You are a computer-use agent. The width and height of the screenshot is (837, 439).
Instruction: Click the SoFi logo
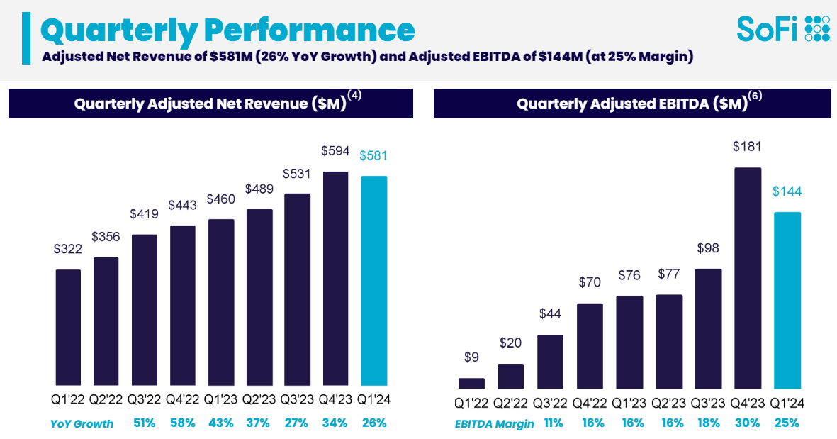click(x=782, y=28)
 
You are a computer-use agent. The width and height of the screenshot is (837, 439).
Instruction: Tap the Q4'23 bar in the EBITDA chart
click(x=748, y=278)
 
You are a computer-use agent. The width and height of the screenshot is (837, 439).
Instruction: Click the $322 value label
click(x=68, y=250)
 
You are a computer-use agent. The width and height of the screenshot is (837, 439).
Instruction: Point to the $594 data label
click(x=335, y=151)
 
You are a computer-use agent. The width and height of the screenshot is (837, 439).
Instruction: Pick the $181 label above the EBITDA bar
click(x=748, y=148)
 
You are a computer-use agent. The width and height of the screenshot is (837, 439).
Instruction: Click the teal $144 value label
click(x=787, y=191)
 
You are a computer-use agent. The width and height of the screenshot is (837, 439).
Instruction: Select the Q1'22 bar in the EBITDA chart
click(x=471, y=383)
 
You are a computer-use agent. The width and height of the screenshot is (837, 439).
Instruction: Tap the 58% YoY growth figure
click(x=183, y=423)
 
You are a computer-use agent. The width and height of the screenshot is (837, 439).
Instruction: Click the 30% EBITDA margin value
click(x=748, y=423)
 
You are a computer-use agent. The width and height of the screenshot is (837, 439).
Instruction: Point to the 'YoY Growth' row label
click(x=82, y=424)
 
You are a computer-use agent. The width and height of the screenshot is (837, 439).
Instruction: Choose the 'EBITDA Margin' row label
click(x=494, y=424)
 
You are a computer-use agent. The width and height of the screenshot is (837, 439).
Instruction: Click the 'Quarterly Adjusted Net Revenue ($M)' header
click(x=210, y=104)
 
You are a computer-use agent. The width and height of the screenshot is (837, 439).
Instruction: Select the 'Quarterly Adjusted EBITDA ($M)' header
click(x=632, y=104)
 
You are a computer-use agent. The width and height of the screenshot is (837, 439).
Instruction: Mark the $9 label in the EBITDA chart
click(x=471, y=357)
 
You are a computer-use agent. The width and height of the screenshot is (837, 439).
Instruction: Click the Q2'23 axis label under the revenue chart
click(x=259, y=400)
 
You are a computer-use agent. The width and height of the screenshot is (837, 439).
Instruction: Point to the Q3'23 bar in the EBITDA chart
click(x=708, y=328)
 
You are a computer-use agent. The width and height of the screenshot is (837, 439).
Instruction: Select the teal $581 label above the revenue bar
click(x=373, y=156)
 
